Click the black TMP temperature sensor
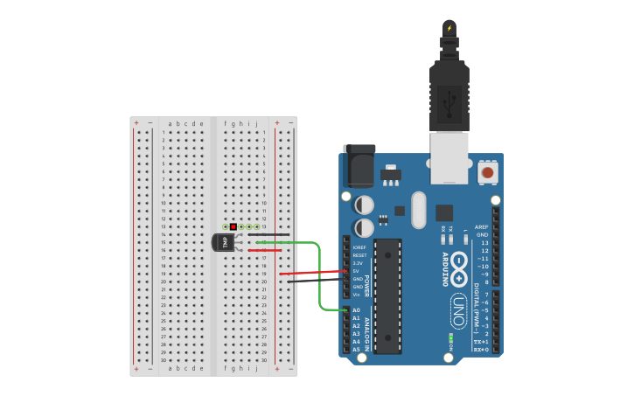coord(222,242)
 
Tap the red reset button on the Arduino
coord(488,173)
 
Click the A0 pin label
coord(356,310)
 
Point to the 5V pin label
coord(356,271)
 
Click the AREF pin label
coord(481,226)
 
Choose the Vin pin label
coord(356,295)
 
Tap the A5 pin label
coord(356,350)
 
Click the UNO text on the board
coord(457,310)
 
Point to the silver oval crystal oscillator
coord(417,210)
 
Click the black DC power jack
coord(359,166)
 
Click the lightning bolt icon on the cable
coord(449,28)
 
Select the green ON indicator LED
coord(450,336)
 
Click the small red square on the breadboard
coord(233,226)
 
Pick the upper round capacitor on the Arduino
coord(365,205)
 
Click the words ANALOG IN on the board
coord(366,330)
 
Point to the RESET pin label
coord(359,255)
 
